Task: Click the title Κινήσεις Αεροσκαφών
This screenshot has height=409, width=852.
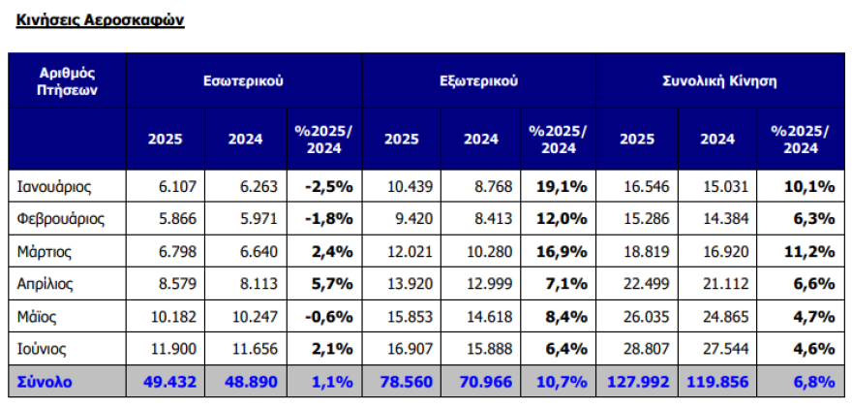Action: click(x=101, y=19)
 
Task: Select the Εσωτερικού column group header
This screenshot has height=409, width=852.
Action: click(x=243, y=80)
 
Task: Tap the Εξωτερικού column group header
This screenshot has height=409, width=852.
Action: click(x=478, y=80)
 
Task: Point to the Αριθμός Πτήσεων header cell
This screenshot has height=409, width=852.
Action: click(x=68, y=80)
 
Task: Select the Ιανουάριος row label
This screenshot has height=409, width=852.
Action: click(x=56, y=184)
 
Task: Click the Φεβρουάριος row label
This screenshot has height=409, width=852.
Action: click(x=61, y=218)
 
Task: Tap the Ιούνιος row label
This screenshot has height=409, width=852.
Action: click(x=45, y=348)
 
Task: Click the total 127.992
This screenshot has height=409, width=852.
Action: click(x=640, y=382)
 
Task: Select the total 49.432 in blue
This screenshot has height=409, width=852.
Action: click(x=170, y=382)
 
